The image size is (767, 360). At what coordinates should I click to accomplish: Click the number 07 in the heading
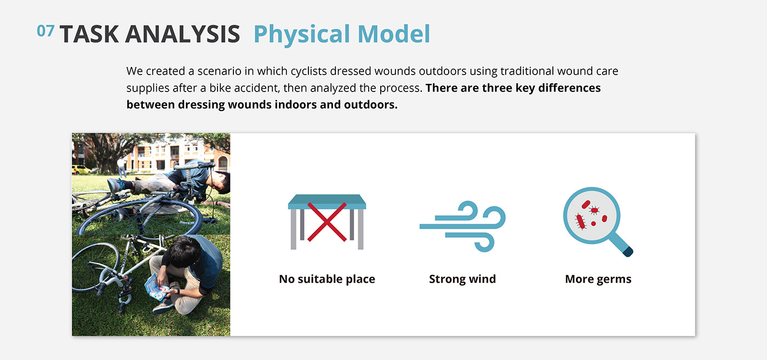coord(45,31)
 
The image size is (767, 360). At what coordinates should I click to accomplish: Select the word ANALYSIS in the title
coord(182,34)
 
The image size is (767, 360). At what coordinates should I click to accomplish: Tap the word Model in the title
coord(393,33)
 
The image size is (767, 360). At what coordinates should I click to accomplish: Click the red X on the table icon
coord(327,222)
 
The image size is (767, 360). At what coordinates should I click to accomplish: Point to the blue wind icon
coord(462,226)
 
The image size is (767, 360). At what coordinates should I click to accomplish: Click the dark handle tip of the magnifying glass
coord(628,252)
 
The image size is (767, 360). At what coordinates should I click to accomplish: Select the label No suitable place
coord(327,279)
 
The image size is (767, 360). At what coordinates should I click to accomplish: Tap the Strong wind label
coord(462,279)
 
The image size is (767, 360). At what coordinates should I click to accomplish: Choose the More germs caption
coord(598,279)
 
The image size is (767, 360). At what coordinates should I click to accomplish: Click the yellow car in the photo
coord(81,169)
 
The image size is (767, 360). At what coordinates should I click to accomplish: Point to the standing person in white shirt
coord(122,167)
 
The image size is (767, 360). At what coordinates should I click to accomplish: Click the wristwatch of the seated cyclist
coord(178,292)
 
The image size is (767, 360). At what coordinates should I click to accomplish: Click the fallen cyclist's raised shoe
coord(116,185)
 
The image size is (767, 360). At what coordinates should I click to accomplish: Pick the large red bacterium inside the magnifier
coord(580,221)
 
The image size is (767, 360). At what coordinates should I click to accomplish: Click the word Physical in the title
coord(302,35)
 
